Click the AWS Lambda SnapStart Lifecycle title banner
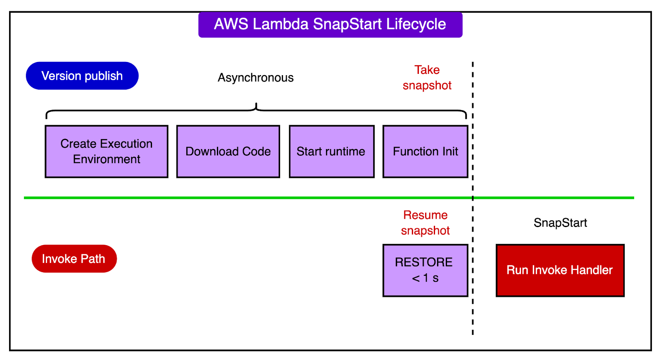[330, 25]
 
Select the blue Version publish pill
[82, 76]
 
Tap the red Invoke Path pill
[74, 259]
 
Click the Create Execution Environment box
[107, 152]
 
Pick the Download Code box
[228, 152]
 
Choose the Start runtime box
[331, 152]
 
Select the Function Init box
[425, 152]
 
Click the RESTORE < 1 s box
[425, 270]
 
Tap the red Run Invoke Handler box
[560, 270]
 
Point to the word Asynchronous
[256, 78]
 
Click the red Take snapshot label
[427, 78]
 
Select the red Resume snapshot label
[425, 223]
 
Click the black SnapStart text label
[560, 223]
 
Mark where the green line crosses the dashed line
[473, 198]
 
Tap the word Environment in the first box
[107, 159]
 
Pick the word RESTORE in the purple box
[423, 262]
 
